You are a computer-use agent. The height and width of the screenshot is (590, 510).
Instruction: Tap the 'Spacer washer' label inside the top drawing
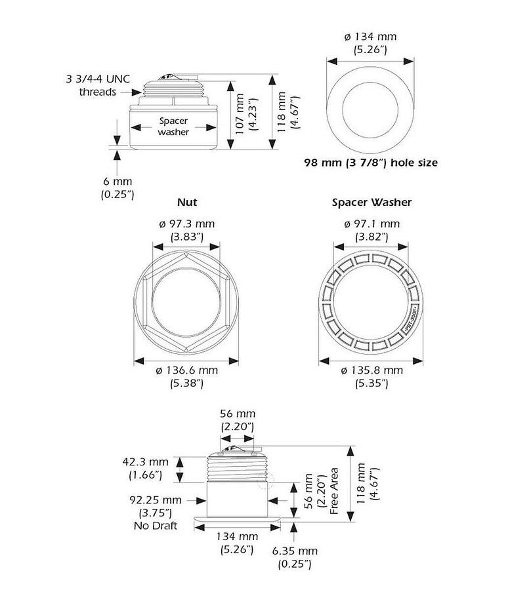173,127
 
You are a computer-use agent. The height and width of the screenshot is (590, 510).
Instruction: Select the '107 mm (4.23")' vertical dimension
242,115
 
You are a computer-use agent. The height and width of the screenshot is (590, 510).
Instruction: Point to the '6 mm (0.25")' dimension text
117,187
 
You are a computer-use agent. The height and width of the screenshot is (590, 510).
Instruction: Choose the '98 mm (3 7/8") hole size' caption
370,162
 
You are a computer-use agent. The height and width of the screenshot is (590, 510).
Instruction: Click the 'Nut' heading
186,203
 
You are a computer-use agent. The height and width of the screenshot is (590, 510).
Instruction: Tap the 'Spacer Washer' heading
372,203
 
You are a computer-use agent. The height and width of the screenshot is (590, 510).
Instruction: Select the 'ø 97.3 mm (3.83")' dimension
186,230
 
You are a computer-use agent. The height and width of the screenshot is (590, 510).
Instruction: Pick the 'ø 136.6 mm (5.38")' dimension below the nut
186,376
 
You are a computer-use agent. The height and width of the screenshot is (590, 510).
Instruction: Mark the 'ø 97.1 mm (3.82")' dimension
372,230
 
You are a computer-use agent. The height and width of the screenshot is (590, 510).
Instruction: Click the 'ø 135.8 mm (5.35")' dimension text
372,376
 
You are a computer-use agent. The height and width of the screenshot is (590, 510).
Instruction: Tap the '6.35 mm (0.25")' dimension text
295,557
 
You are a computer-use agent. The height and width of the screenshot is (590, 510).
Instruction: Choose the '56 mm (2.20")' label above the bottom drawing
237,420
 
